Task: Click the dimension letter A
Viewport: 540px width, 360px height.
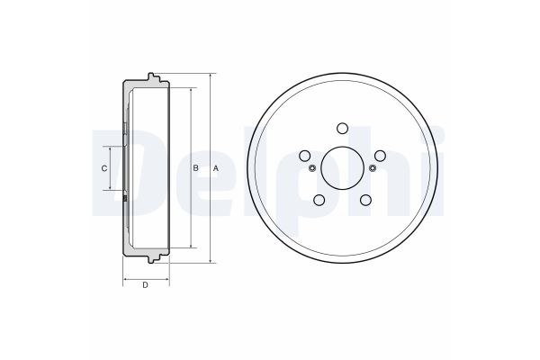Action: click(216, 168)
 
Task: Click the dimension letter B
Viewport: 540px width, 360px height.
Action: click(195, 168)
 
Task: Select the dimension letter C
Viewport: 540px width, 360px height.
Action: click(104, 168)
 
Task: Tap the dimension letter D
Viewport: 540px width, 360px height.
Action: click(145, 285)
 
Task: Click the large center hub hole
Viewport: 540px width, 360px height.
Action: click(342, 168)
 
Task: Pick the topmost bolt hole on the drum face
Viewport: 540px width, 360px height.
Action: click(342, 128)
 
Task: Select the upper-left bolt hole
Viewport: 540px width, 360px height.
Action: click(304, 156)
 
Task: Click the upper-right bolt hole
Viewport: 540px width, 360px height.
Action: click(380, 156)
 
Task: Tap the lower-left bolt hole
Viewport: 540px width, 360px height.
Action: click(319, 200)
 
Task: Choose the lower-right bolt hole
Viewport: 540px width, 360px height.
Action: click(365, 200)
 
